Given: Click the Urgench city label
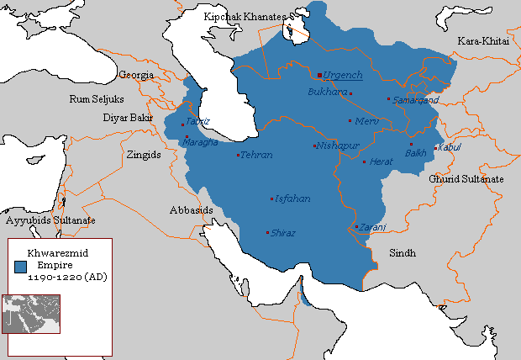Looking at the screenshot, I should point(342,75).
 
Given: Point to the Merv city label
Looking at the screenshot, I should point(368,122).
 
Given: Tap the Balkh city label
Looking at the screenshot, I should point(415,153).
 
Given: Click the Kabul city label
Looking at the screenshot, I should point(450,148).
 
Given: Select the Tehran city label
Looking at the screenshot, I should point(256,156).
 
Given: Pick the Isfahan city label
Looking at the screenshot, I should point(292,199).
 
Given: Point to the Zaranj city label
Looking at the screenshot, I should point(373,227).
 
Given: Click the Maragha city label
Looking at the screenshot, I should point(199,142).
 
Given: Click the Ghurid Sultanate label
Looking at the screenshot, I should point(466,180).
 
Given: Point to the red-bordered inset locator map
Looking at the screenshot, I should point(31,314).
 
